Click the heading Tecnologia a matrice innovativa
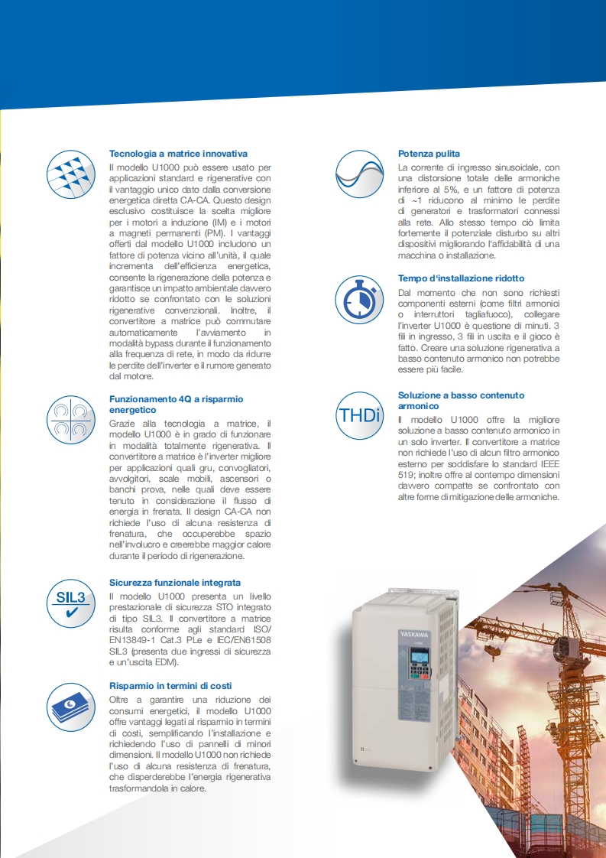178,154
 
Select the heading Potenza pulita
429,154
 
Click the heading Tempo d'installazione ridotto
472,278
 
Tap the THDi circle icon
359,415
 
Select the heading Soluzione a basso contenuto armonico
461,401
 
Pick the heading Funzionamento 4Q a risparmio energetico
176,405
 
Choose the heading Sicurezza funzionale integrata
175,582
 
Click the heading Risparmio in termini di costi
170,686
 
